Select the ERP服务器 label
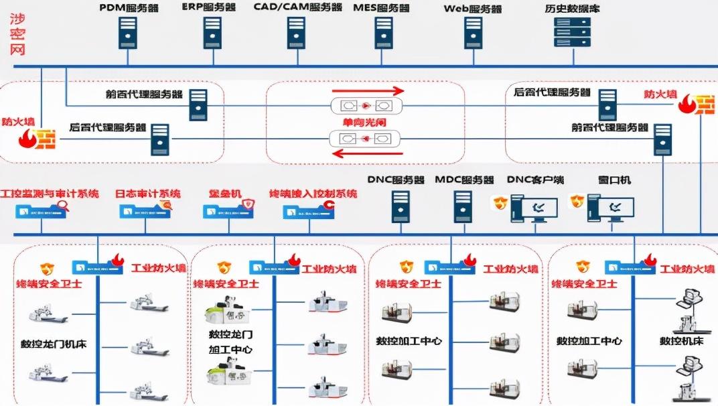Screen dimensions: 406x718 coord(209,7)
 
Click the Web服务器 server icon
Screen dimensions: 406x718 coord(473,31)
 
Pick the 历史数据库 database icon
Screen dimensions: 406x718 coord(572,31)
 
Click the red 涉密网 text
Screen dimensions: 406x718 coord(17,33)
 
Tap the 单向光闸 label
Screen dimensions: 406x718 coord(366,123)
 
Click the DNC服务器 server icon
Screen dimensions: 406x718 coord(400,206)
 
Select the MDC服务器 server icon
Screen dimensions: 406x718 coord(462,206)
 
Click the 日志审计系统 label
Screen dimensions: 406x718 coord(147,193)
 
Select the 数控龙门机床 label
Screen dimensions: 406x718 coord(54,345)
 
